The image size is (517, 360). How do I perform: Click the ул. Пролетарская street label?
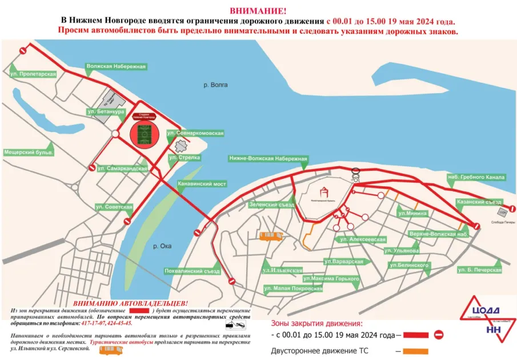point(33,74)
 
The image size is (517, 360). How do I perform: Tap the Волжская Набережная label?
point(116,67)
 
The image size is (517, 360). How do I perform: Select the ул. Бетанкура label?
point(105,111)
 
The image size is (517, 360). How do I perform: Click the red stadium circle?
point(142,133)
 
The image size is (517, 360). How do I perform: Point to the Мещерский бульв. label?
point(29,153)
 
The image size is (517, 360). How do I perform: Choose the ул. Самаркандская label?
point(122,169)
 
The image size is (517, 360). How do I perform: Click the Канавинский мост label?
point(202,184)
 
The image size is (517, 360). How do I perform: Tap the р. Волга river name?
point(215,85)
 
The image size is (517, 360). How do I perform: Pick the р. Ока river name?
point(165,246)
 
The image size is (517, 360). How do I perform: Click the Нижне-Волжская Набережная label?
point(268,158)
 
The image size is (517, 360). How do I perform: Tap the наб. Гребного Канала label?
point(476,177)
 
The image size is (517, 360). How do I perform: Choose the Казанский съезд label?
point(479,202)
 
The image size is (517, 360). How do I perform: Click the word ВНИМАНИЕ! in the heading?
point(258,11)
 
